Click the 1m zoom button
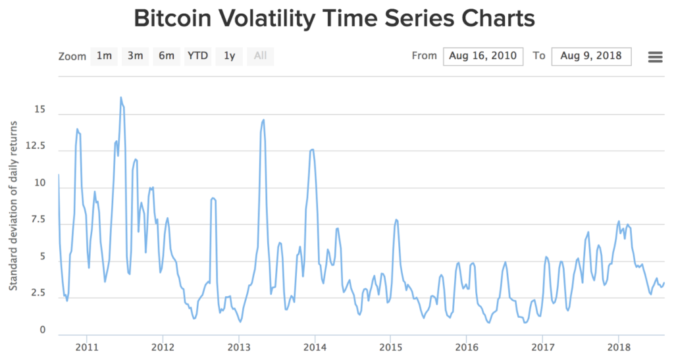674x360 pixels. [x=104, y=56]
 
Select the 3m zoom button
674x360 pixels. [x=135, y=56]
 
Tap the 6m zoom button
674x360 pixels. [x=166, y=56]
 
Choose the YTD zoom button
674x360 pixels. [x=197, y=56]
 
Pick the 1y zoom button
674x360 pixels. [x=229, y=56]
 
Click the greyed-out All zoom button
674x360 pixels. [x=261, y=56]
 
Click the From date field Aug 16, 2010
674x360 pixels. [x=483, y=56]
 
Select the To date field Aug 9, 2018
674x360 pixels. [x=591, y=56]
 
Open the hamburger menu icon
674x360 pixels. [x=655, y=57]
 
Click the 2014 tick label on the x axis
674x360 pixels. [x=315, y=347]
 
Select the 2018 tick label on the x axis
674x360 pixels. [x=618, y=347]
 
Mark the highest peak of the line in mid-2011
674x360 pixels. [x=120, y=97]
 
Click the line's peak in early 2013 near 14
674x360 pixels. [x=264, y=120]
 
